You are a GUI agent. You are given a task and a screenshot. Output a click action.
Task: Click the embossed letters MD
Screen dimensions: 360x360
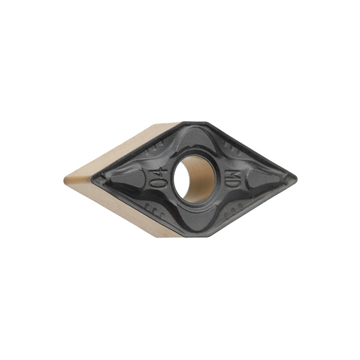click(x=230, y=178)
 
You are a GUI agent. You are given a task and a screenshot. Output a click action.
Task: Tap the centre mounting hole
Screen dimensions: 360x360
click(x=194, y=178)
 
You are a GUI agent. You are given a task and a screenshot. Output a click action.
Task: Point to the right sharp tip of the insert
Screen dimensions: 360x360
click(x=297, y=178)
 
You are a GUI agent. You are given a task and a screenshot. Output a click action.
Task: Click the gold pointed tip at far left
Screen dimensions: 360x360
click(x=64, y=179)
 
